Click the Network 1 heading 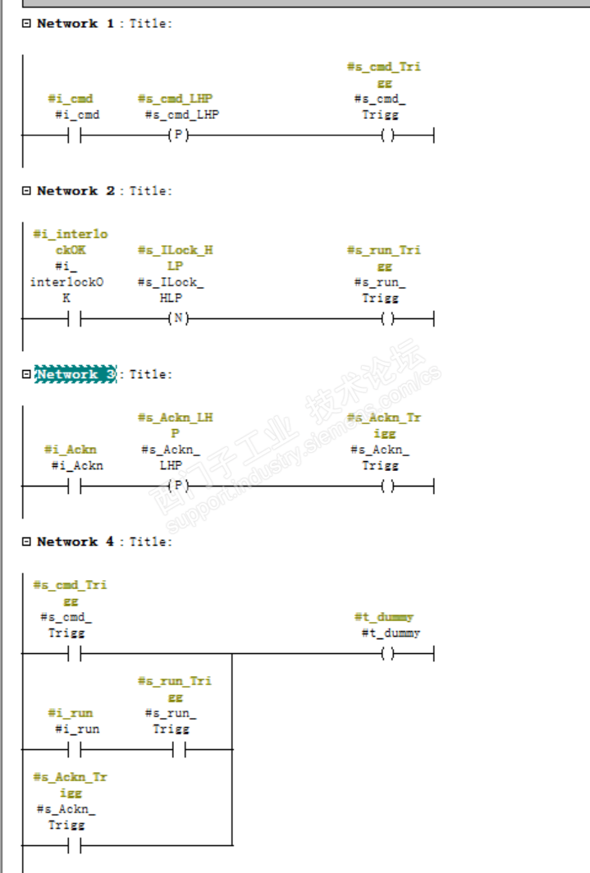pos(75,23)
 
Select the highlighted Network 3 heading pos(75,374)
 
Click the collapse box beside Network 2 pos(26,190)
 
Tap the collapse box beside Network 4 pos(26,542)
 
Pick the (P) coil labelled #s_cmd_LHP pos(176,135)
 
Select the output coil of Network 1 pos(387,135)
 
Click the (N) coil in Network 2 pos(176,319)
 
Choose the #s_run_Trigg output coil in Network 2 pos(387,319)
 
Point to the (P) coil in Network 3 pos(176,487)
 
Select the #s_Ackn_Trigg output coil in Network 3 pos(387,487)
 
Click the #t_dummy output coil pos(387,654)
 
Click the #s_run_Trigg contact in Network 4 pos(178,749)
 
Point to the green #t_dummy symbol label pos(384,617)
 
